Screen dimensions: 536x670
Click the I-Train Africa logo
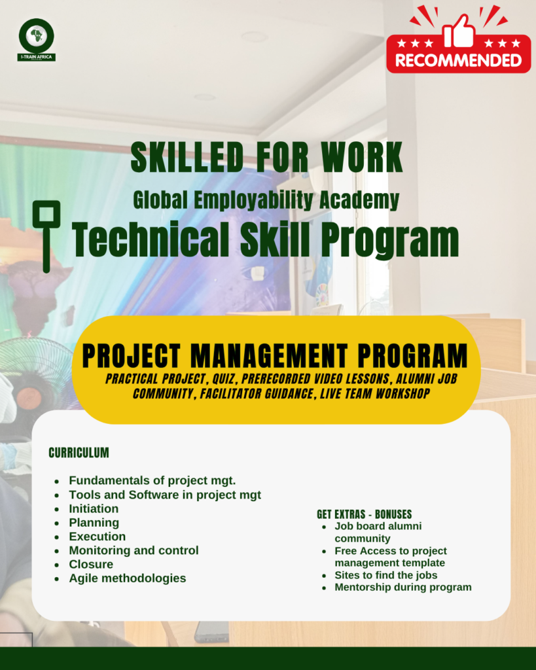(37, 40)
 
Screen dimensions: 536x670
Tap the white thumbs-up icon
(459, 31)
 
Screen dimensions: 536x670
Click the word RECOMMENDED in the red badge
(459, 60)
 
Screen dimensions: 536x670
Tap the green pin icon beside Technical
(46, 236)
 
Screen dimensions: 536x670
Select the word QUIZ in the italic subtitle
(223, 379)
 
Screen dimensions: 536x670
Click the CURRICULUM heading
(79, 453)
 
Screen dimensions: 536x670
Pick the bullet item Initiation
(94, 508)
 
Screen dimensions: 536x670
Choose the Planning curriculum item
(94, 523)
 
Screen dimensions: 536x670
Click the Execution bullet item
(98, 537)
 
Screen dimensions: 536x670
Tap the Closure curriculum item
(91, 564)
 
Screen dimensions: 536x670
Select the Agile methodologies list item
(128, 578)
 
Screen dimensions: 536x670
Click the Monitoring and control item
(134, 550)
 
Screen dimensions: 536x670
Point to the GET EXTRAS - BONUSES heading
(364, 514)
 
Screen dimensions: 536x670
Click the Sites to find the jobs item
(386, 575)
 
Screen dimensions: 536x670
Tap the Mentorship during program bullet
(403, 587)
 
